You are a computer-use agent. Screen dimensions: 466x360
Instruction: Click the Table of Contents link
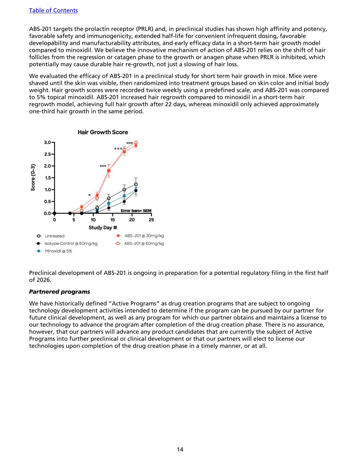point(53,10)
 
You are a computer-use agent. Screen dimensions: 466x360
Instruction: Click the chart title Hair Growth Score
point(103,132)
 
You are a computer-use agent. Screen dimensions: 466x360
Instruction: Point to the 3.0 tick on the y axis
point(47,142)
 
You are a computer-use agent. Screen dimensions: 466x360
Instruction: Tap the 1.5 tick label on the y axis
point(47,178)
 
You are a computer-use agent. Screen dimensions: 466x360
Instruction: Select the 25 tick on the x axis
point(151,220)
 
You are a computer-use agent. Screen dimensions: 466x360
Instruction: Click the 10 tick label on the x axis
point(93,220)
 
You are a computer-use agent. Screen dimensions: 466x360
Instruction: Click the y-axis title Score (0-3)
point(33,178)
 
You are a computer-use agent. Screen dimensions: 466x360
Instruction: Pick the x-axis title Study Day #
point(103,228)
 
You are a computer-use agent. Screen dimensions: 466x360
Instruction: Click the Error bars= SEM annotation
point(136,211)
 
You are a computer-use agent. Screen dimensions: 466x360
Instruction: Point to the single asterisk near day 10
point(89,196)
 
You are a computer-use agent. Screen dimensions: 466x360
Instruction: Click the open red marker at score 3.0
point(136,142)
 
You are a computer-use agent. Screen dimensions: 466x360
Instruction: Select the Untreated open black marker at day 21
point(136,184)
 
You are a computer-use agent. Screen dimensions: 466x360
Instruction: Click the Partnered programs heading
point(59,292)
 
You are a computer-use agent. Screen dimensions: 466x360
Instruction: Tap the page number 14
point(180,449)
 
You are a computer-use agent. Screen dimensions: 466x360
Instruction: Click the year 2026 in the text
point(43,280)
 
